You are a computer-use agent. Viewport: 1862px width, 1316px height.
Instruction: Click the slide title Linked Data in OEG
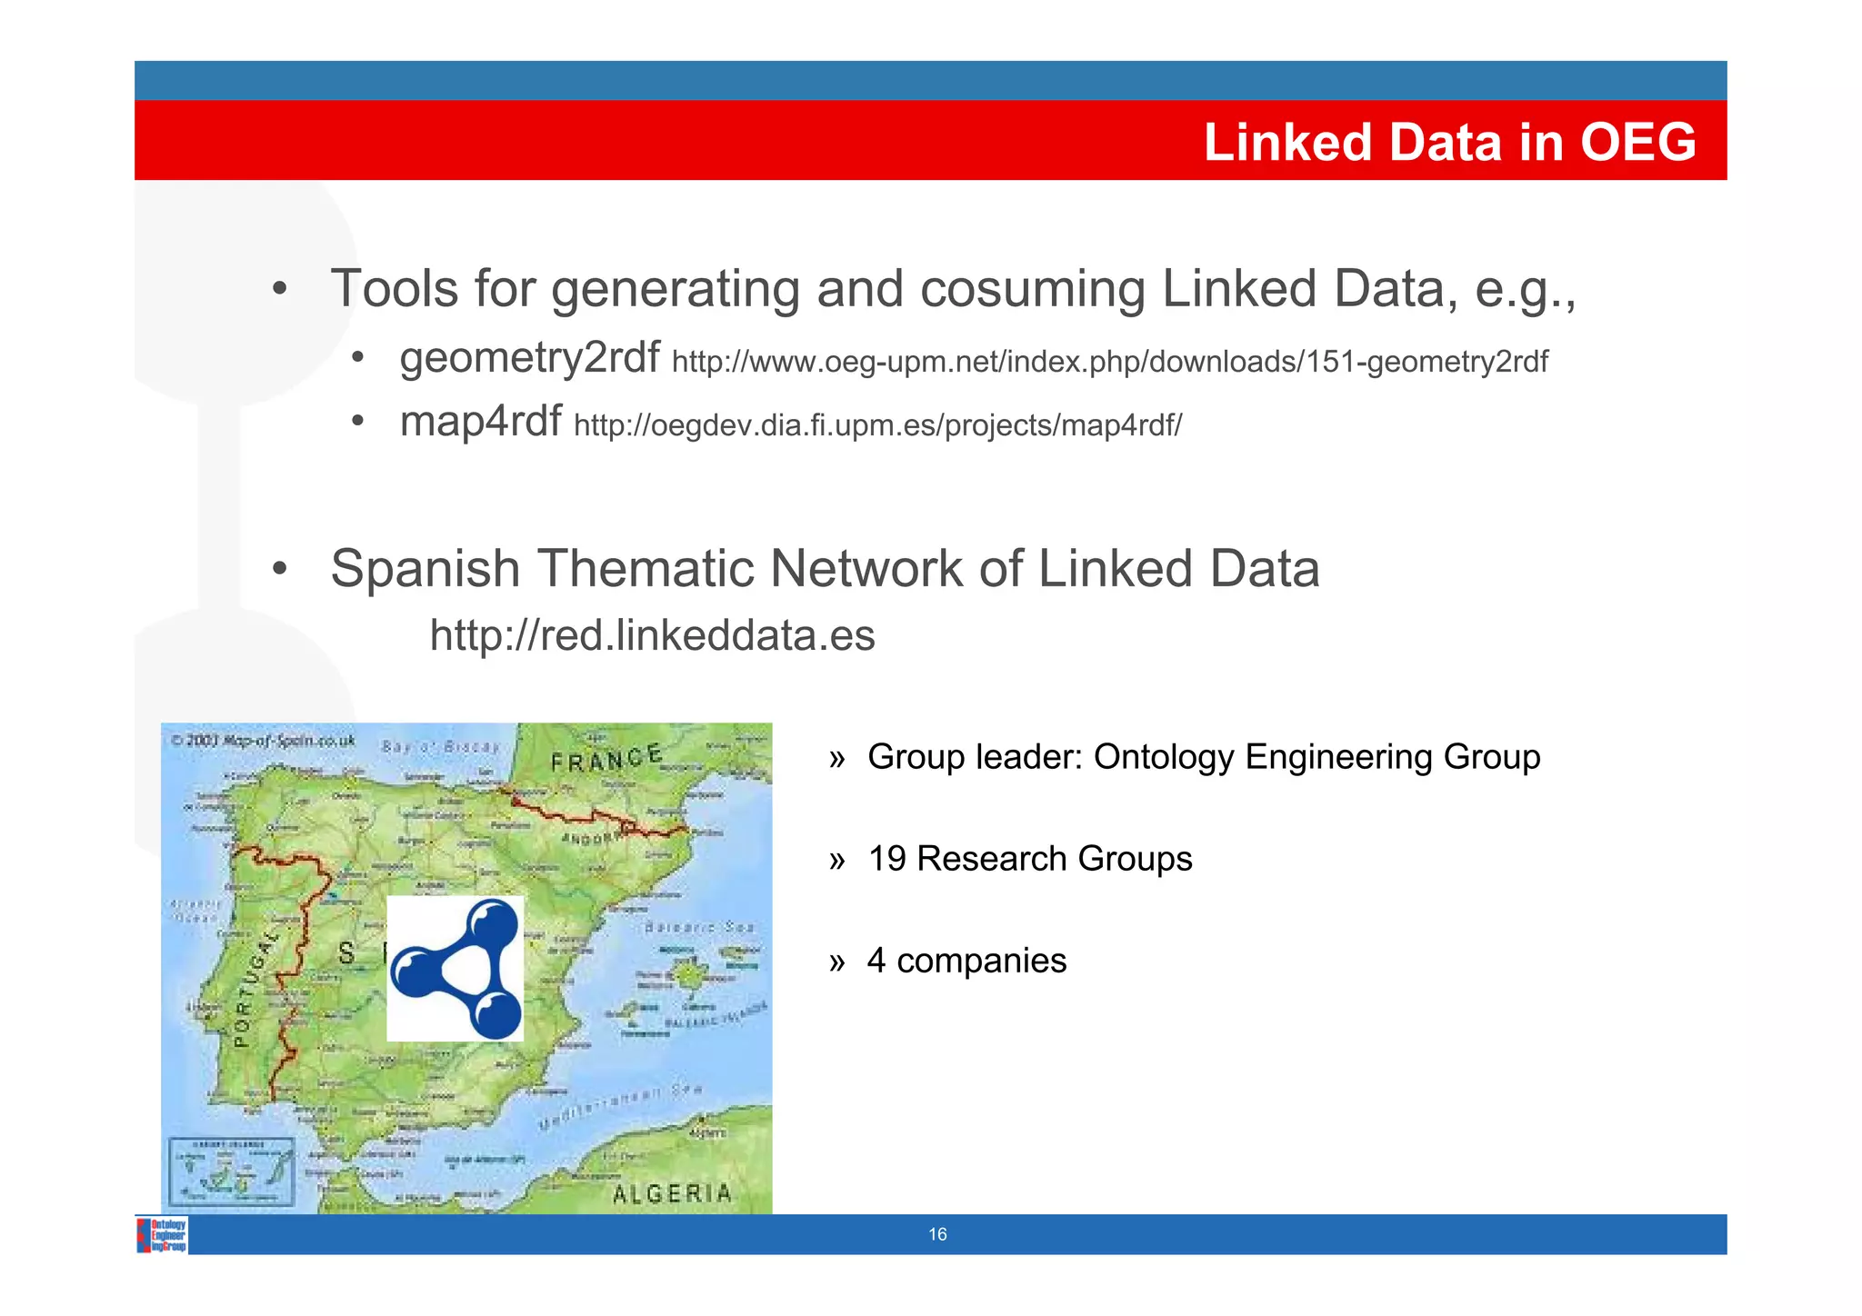(x=1449, y=143)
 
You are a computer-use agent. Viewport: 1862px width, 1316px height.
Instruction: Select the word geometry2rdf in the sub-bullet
(x=529, y=358)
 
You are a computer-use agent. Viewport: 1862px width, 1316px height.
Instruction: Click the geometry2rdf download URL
(x=1109, y=362)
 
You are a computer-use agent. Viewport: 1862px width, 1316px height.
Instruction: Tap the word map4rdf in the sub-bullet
(x=480, y=422)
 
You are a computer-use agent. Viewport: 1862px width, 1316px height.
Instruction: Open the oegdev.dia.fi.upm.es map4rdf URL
(x=877, y=425)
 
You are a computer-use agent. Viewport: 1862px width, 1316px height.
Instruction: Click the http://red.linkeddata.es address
(x=652, y=635)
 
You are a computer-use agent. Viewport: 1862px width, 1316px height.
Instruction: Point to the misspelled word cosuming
(x=1032, y=290)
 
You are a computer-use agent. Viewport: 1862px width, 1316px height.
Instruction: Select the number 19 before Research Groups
(x=886, y=859)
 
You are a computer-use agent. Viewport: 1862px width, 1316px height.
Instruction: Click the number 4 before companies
(x=876, y=961)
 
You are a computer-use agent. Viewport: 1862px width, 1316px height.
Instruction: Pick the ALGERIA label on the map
(x=672, y=1193)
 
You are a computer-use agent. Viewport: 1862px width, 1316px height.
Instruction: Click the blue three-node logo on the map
(x=455, y=969)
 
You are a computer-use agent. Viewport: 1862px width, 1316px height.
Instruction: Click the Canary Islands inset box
(x=233, y=1171)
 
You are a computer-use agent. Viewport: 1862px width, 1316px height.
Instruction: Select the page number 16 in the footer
(x=937, y=1234)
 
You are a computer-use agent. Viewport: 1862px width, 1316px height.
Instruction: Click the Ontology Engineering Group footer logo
(x=163, y=1235)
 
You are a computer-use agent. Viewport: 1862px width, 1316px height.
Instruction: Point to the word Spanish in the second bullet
(x=425, y=570)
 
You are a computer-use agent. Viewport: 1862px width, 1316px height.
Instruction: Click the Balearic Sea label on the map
(x=699, y=927)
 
